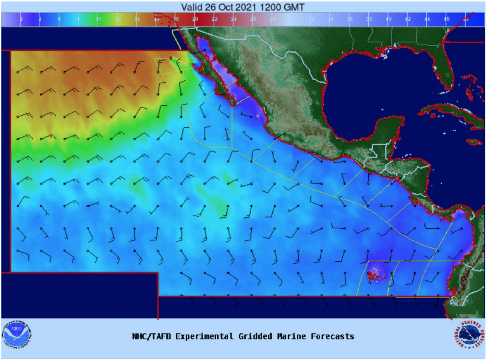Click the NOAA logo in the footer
tap(17, 334)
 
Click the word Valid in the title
tap(191, 7)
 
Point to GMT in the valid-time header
tap(296, 7)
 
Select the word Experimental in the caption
tap(197, 336)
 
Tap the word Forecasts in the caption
tap(334, 336)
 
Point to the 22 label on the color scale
tap(214, 19)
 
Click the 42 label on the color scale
tap(408, 19)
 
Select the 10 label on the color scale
tap(98, 19)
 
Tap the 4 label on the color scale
tap(40, 19)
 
